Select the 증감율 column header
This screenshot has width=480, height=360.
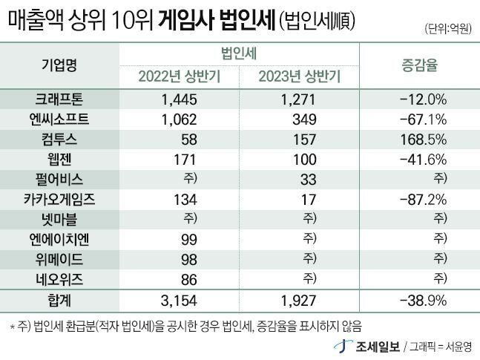[x=420, y=65]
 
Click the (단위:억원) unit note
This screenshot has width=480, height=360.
[x=449, y=28]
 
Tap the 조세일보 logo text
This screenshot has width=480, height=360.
[x=382, y=345]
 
